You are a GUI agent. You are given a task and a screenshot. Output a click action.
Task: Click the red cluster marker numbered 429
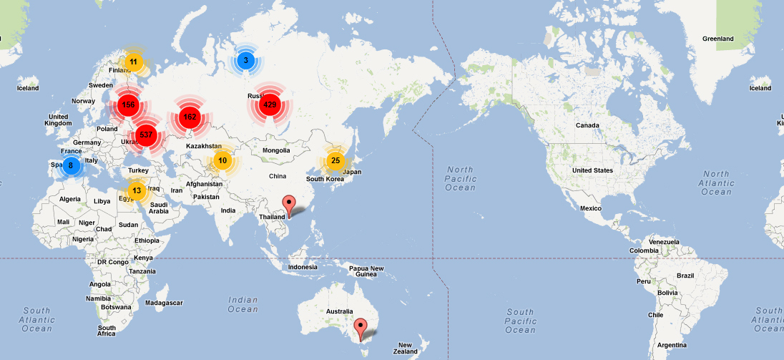(270, 105)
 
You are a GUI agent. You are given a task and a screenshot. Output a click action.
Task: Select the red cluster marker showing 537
(145, 134)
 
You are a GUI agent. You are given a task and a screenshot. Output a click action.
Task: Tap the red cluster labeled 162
(189, 117)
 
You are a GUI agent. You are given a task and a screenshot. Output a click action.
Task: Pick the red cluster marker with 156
(128, 104)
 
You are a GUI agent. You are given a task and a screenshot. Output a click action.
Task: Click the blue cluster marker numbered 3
(245, 61)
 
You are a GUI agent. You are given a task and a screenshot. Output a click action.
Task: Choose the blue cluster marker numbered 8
(70, 166)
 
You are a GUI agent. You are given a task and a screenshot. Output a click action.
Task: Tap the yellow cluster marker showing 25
(335, 160)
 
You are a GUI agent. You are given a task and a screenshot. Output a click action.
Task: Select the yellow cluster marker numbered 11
(133, 62)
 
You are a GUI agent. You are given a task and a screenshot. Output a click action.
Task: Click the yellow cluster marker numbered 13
(137, 190)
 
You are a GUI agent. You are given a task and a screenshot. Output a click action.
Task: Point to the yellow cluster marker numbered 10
(222, 160)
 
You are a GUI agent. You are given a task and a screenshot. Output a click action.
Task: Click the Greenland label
(717, 38)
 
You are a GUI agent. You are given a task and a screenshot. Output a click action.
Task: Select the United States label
(592, 170)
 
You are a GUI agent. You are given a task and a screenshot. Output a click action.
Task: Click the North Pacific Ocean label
(460, 178)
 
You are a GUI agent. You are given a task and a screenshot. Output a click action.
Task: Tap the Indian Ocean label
(243, 304)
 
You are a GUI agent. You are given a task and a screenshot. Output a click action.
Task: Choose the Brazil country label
(685, 276)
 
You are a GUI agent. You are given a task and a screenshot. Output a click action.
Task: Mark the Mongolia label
(276, 150)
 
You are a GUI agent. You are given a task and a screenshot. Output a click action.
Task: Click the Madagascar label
(164, 302)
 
